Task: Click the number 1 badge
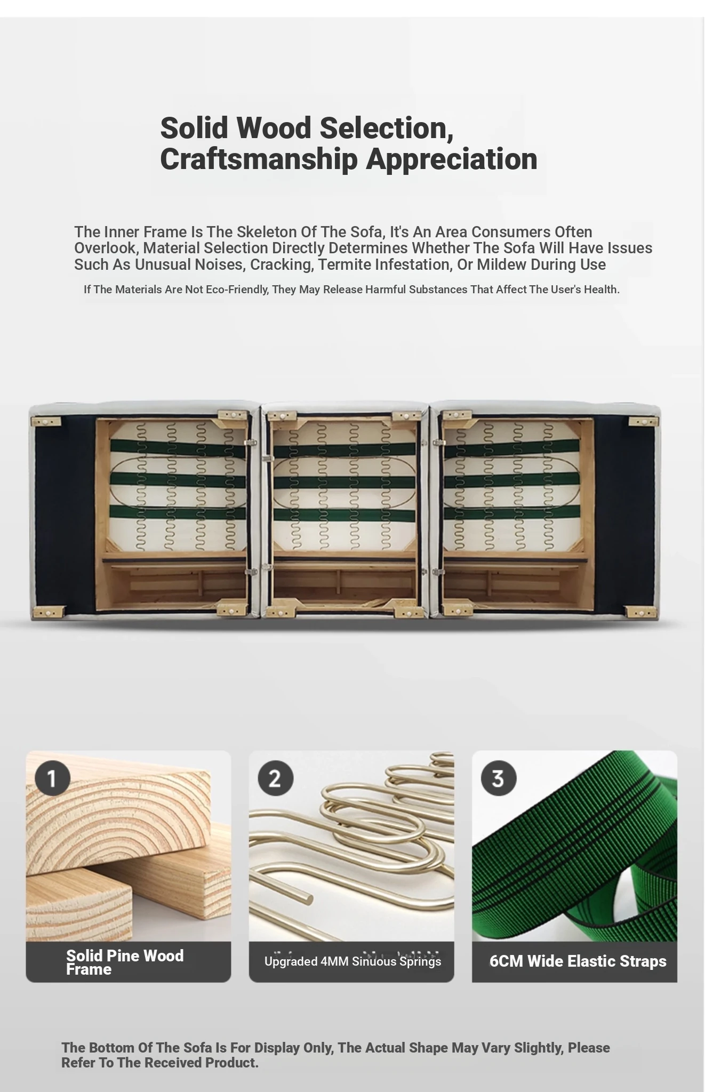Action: point(53,778)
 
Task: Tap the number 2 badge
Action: point(276,778)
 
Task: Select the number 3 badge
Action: point(499,778)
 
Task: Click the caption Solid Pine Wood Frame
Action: point(125,962)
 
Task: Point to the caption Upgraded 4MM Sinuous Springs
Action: point(352,961)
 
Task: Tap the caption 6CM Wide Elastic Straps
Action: point(578,961)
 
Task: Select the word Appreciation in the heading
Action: point(452,159)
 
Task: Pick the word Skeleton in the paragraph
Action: point(265,232)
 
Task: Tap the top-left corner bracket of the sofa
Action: point(45,422)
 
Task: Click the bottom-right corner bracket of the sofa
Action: point(641,613)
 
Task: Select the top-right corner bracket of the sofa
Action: point(644,422)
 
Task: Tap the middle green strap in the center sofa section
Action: point(345,483)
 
